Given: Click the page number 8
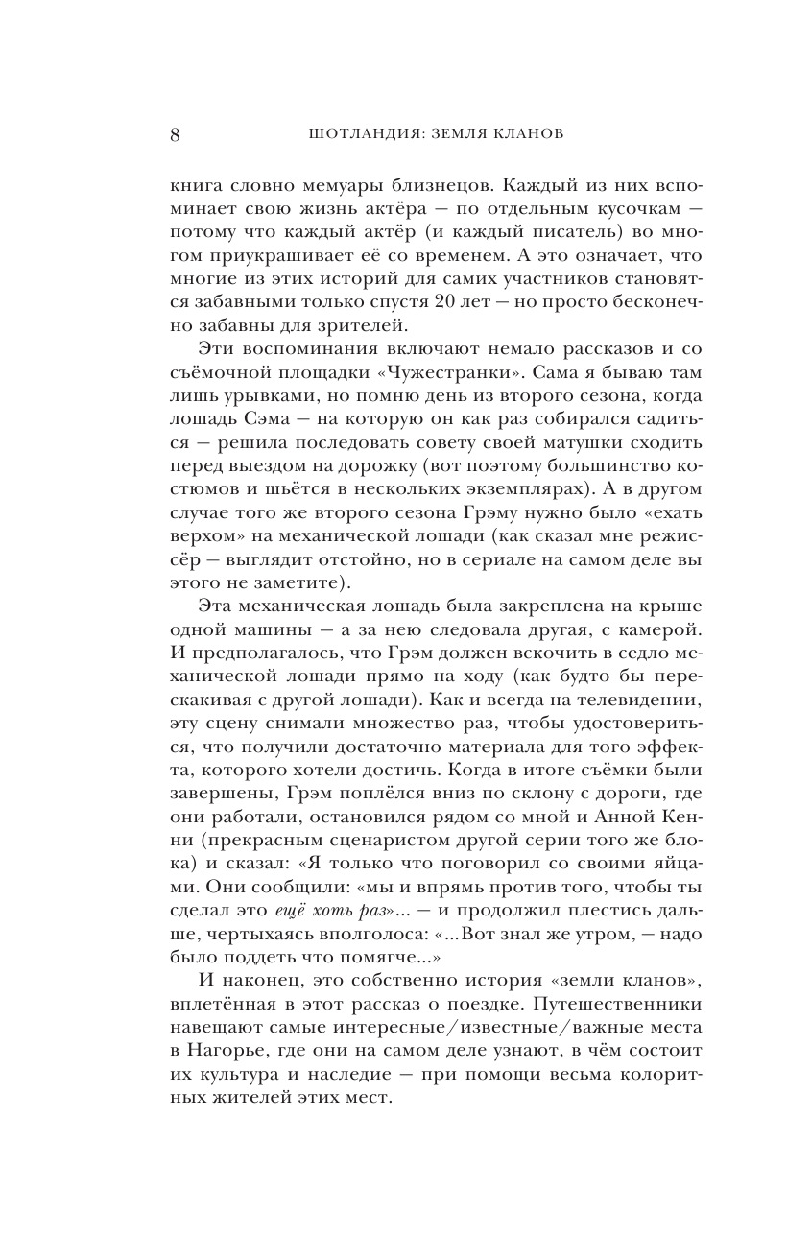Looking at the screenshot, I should [x=175, y=134].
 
